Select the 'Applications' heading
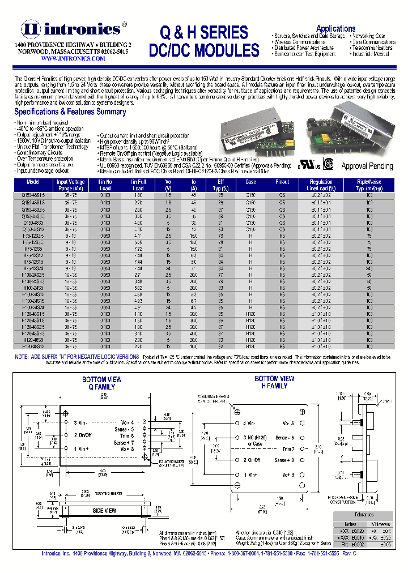[x=335, y=29]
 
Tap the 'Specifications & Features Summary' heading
[x=70, y=112]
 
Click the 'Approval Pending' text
[x=367, y=166]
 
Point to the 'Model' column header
[x=34, y=182]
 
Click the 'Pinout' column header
[x=282, y=182]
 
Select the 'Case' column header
[x=250, y=182]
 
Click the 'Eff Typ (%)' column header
[x=220, y=185]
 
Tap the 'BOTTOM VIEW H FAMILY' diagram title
[x=274, y=382]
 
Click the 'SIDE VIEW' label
[x=104, y=511]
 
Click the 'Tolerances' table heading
[x=363, y=515]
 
